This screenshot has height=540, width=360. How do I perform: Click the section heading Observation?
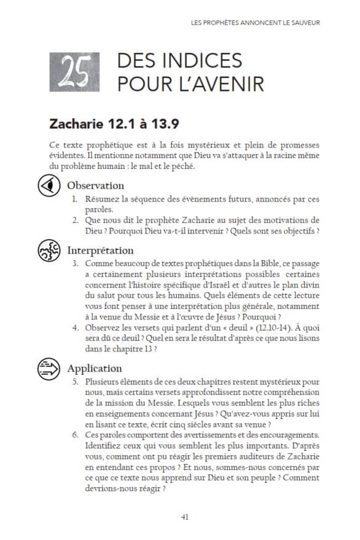95,185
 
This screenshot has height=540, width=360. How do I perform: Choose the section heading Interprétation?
100,250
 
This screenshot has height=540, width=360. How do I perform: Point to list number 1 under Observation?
74,199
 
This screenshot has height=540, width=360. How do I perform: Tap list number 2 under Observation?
74,220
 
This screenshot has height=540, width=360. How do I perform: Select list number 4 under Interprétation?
74,327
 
